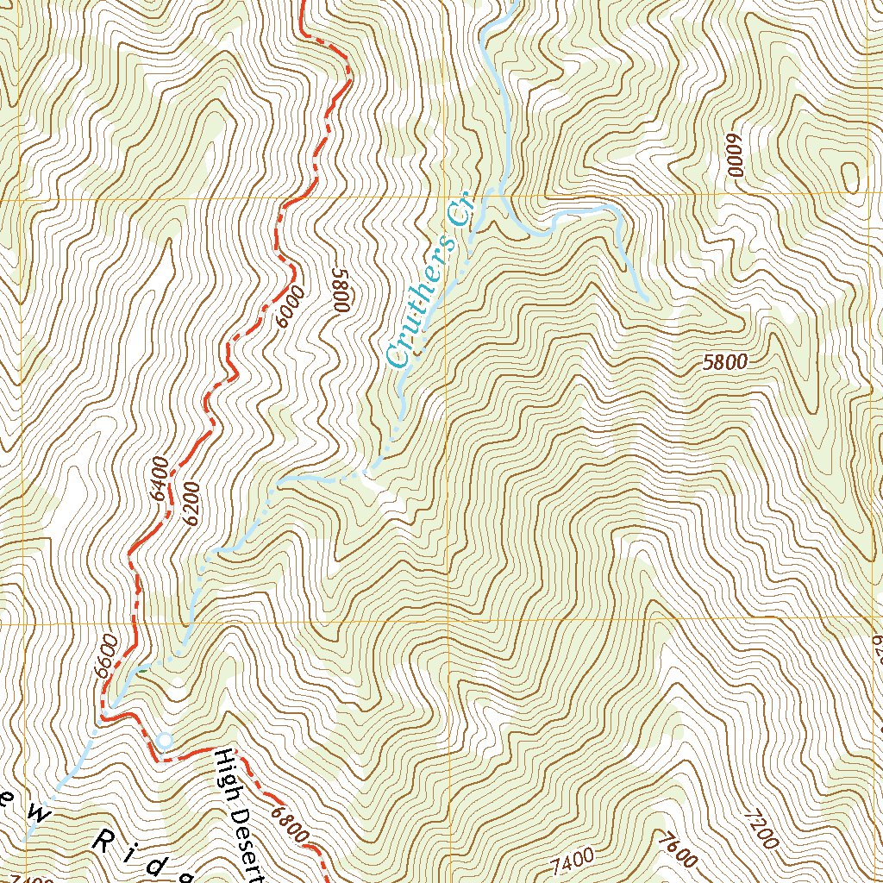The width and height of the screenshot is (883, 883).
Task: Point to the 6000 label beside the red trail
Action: pyautogui.click(x=291, y=307)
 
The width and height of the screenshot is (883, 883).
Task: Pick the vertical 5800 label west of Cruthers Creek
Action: pyautogui.click(x=339, y=289)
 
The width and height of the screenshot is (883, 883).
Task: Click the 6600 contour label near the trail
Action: pyautogui.click(x=107, y=659)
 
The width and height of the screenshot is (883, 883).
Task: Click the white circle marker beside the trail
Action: pyautogui.click(x=164, y=740)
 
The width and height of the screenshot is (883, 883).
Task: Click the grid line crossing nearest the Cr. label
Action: pyautogui.click(x=447, y=199)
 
